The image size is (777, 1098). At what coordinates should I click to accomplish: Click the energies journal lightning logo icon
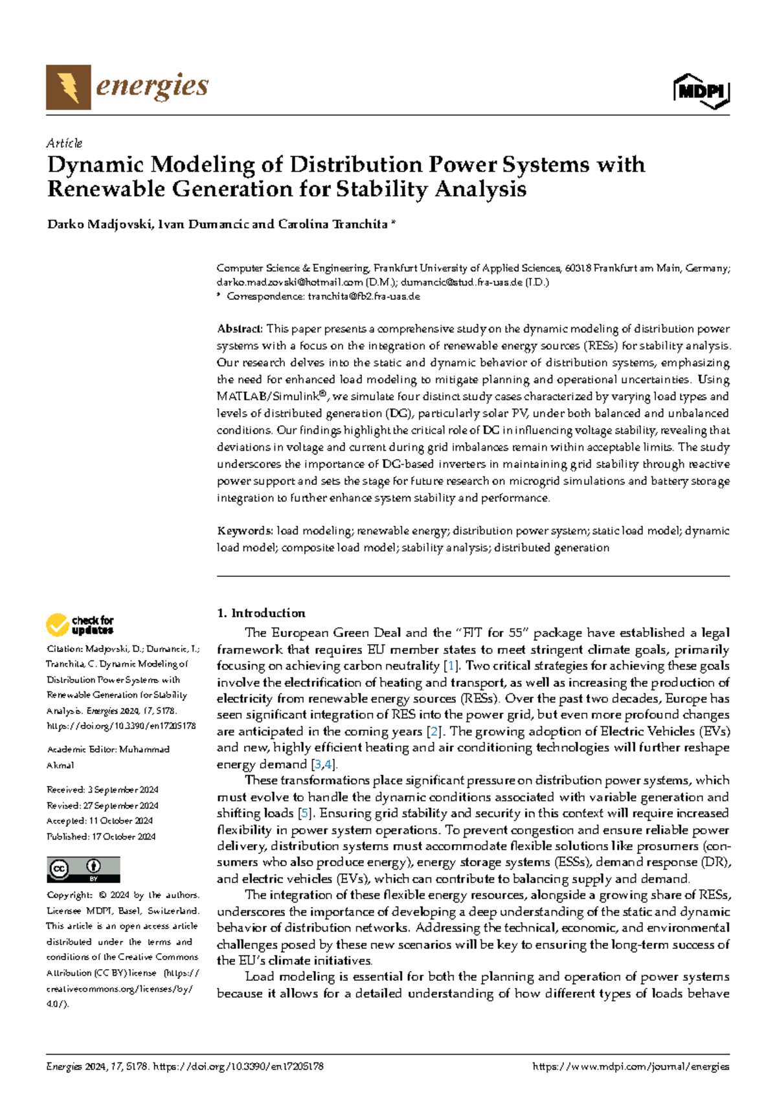[68, 87]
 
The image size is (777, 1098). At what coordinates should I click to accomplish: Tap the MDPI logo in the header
[701, 91]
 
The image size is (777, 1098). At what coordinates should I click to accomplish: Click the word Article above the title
[64, 143]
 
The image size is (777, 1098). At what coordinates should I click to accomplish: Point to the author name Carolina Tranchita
[332, 225]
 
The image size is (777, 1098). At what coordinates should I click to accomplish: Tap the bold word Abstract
[239, 329]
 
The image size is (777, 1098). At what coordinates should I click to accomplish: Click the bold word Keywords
[244, 531]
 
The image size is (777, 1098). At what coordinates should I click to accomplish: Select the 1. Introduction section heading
[261, 613]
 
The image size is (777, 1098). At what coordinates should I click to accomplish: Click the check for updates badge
[80, 625]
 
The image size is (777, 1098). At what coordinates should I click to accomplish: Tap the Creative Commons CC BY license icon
[83, 869]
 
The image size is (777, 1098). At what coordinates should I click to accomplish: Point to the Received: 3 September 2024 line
[102, 790]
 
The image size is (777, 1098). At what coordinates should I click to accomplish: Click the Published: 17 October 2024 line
[101, 836]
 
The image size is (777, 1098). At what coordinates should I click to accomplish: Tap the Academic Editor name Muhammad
[144, 749]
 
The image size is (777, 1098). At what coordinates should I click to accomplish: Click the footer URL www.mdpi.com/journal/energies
[630, 1066]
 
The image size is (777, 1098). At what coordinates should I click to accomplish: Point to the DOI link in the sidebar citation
[121, 726]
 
